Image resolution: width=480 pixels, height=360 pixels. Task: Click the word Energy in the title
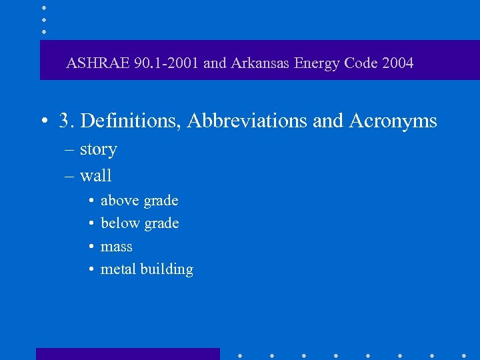pos(316,63)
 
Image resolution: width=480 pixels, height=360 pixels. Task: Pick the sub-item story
pos(98,149)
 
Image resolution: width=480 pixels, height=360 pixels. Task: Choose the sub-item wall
pos(95,176)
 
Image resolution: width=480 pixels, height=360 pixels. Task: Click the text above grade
pos(139,201)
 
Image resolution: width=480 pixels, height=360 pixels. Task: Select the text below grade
pos(139,223)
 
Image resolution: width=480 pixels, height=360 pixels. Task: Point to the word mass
pos(116,247)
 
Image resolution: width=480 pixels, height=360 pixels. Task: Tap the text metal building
pos(147,269)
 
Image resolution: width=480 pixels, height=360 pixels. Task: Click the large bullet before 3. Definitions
pos(43,121)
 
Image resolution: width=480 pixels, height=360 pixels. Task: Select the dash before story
pos(70,150)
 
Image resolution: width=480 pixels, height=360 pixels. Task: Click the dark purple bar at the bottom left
pos(127,353)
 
